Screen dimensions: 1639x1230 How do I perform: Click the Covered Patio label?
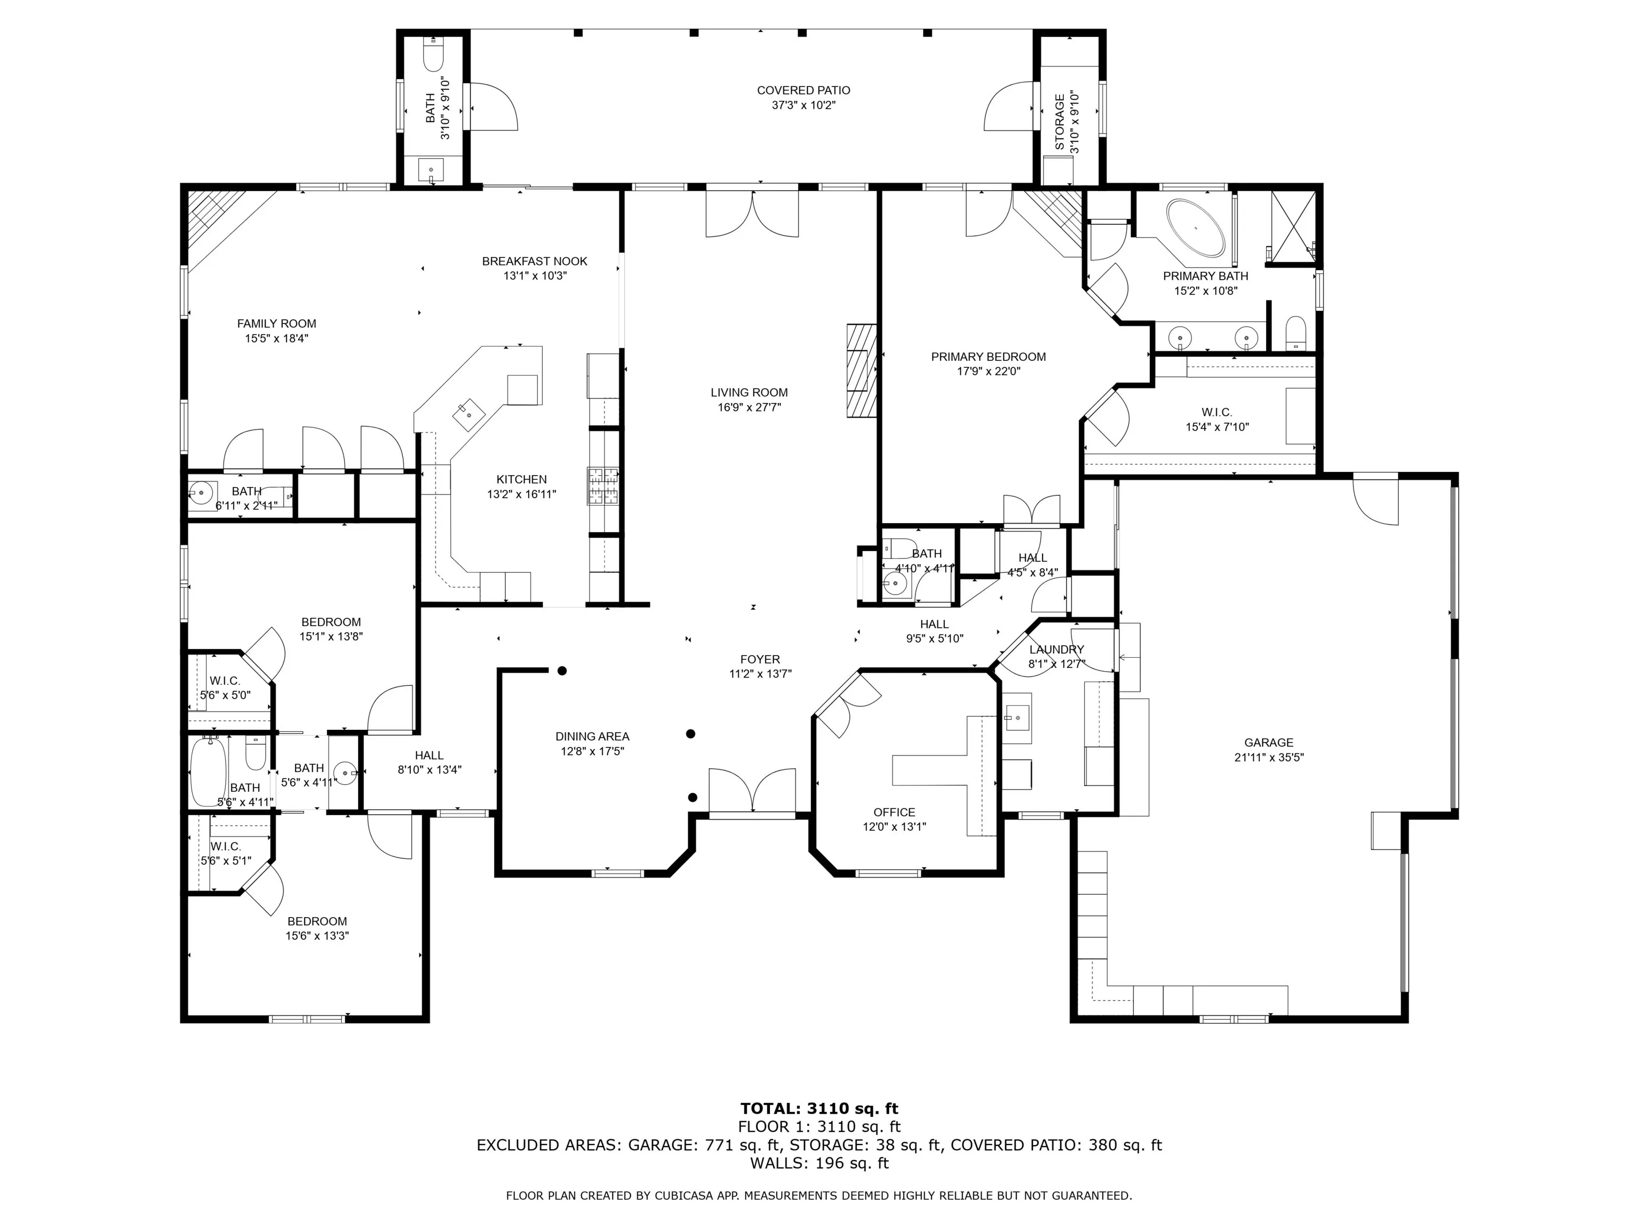[803, 90]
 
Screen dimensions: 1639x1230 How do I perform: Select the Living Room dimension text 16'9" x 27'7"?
[749, 407]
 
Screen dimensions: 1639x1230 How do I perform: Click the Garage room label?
[1269, 742]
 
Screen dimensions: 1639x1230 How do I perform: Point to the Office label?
[894, 812]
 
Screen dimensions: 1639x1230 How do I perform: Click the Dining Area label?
[592, 736]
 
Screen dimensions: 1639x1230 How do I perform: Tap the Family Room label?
[276, 324]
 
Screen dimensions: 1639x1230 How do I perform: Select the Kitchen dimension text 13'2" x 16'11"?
[522, 494]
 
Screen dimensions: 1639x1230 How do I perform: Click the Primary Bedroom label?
[989, 357]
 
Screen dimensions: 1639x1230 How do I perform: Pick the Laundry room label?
[1056, 650]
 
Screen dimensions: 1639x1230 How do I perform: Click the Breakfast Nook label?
[534, 261]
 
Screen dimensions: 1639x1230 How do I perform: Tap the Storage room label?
[1060, 122]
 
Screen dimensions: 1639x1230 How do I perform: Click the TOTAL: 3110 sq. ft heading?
[819, 1108]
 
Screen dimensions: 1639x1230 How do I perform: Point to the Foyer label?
[760, 659]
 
